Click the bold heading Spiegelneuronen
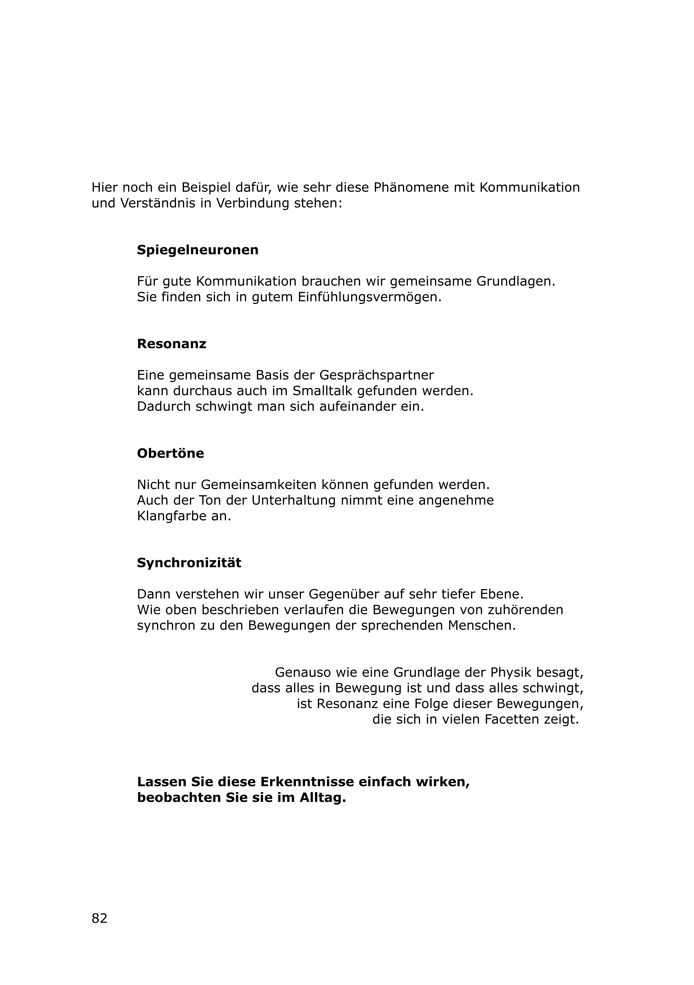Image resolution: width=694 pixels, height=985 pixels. click(x=198, y=250)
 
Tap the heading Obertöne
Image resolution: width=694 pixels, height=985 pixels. click(x=170, y=453)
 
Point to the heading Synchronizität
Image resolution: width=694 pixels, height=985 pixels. click(x=189, y=563)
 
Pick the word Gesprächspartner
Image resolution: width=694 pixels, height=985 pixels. click(x=377, y=375)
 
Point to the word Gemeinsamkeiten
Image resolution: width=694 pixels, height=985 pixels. click(x=259, y=485)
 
